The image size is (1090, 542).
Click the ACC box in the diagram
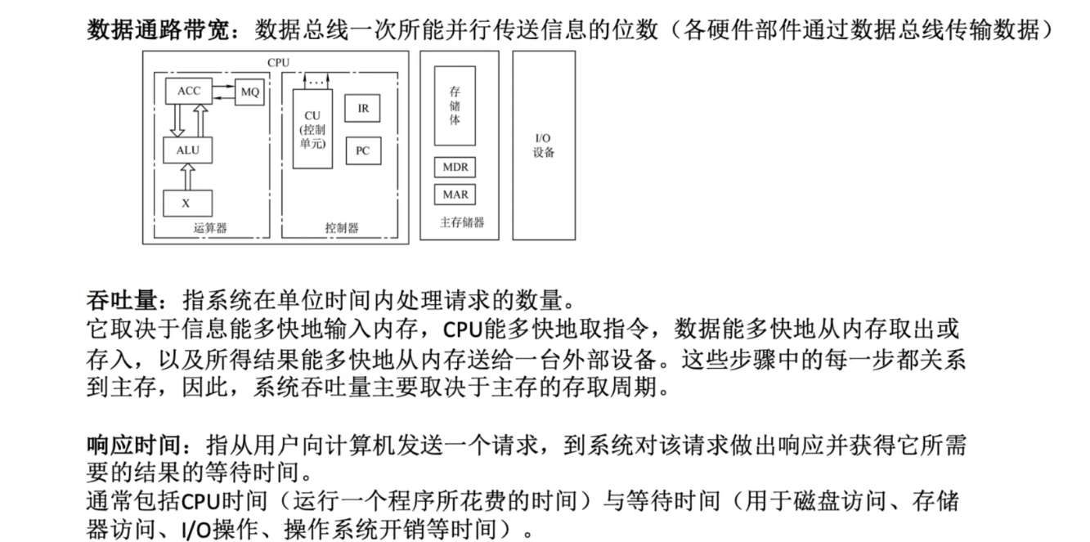click(189, 91)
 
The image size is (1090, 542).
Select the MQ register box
click(249, 92)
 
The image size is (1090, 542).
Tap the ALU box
click(188, 150)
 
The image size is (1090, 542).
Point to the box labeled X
click(187, 204)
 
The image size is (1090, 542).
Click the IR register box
click(362, 108)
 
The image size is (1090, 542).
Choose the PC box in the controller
click(362, 150)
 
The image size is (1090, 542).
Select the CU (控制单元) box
click(312, 128)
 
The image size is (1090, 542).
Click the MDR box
click(455, 167)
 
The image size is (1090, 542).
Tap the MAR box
click(455, 195)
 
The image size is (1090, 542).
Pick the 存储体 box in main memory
click(455, 106)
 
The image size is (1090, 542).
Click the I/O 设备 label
click(544, 146)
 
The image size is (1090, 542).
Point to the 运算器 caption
click(210, 228)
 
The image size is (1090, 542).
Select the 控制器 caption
click(342, 228)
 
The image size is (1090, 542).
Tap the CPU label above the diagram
click(278, 62)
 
